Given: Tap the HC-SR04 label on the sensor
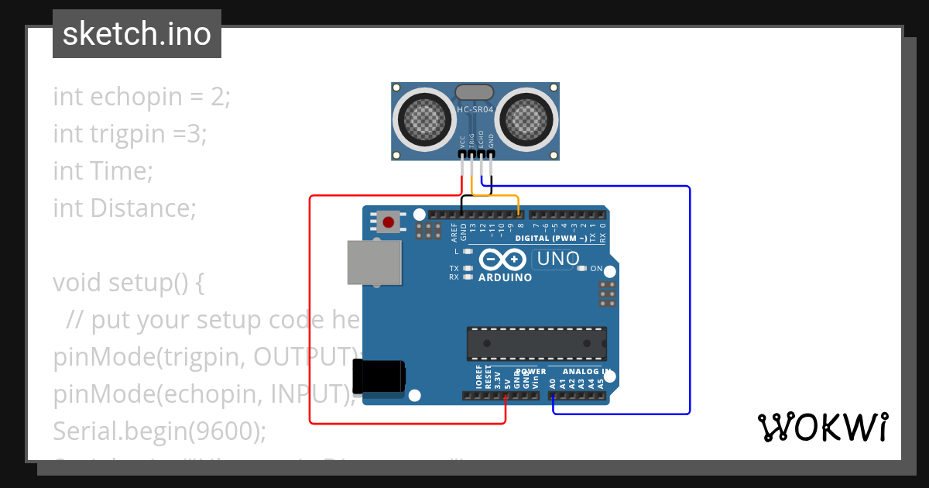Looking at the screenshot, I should click(475, 110).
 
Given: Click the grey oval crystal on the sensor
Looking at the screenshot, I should click(474, 92).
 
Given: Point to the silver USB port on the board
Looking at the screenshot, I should click(375, 262).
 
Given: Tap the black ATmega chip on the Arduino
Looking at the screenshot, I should click(536, 344).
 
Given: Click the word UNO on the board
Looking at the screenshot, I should click(557, 259).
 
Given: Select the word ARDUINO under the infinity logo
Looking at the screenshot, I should click(505, 277).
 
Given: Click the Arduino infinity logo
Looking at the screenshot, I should click(503, 259).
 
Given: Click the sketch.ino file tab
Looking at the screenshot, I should click(137, 34).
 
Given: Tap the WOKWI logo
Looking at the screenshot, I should click(822, 427).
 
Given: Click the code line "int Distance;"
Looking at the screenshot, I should click(125, 208).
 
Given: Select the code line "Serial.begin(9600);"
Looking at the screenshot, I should click(159, 430).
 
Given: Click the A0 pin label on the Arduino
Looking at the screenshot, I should click(552, 382).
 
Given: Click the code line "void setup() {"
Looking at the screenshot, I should click(129, 282).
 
